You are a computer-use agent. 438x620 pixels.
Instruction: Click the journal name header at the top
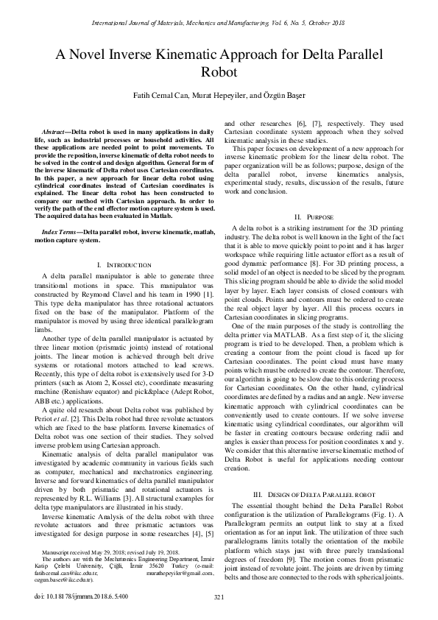tap(219, 23)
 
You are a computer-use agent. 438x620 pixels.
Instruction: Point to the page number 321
tap(219, 597)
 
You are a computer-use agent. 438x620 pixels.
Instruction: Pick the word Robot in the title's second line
tap(219, 72)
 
